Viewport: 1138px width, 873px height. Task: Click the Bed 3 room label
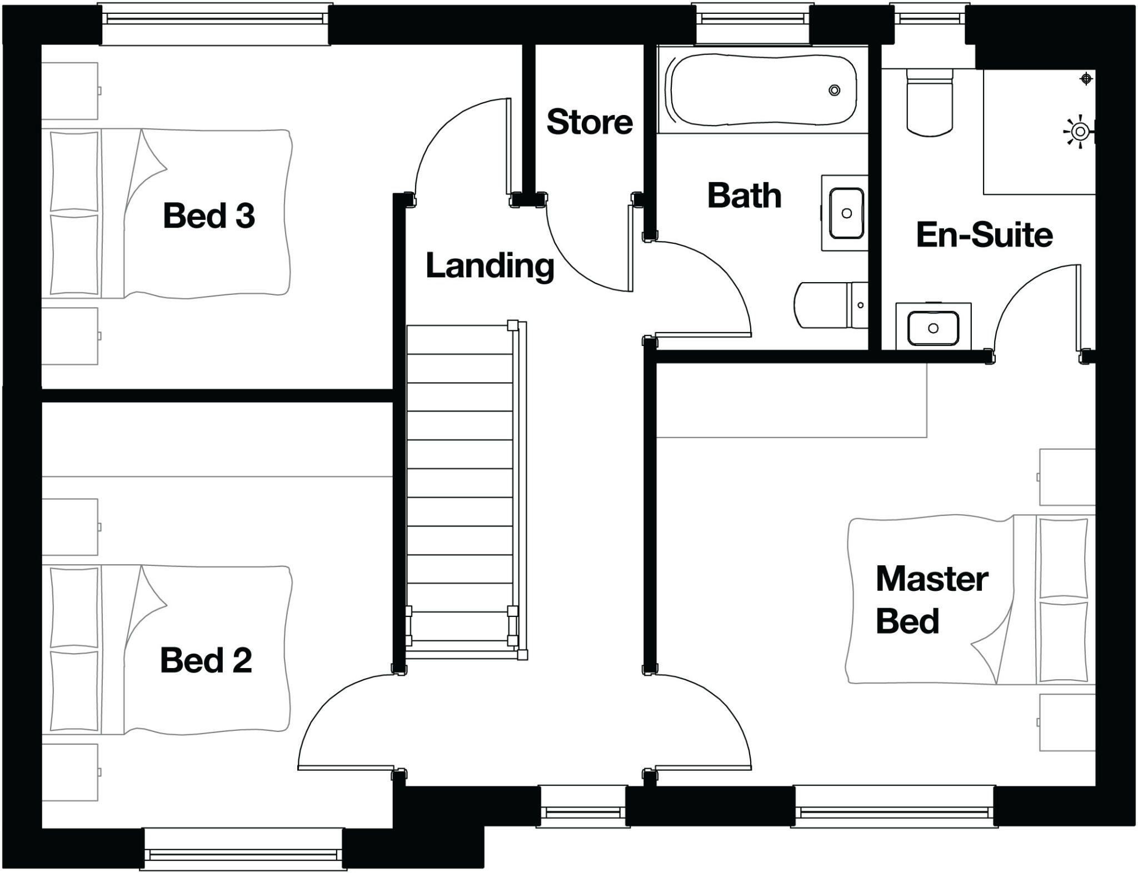click(209, 215)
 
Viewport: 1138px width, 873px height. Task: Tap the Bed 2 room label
click(206, 660)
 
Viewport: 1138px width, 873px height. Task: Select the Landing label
click(490, 267)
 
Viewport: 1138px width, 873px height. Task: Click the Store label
click(590, 122)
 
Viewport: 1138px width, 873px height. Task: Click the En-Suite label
click(984, 234)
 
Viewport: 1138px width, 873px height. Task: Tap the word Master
click(932, 579)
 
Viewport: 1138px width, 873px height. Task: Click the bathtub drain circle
click(834, 90)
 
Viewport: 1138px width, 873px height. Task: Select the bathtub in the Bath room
click(763, 90)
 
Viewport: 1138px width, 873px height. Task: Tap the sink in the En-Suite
click(934, 328)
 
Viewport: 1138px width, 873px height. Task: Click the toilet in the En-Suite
click(930, 102)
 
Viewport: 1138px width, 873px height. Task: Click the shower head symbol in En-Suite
click(1080, 132)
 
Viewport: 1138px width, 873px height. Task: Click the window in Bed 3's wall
click(215, 22)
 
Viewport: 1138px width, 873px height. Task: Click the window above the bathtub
click(753, 22)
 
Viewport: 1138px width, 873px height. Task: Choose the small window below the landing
click(583, 806)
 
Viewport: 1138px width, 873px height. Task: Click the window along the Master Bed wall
click(894, 806)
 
